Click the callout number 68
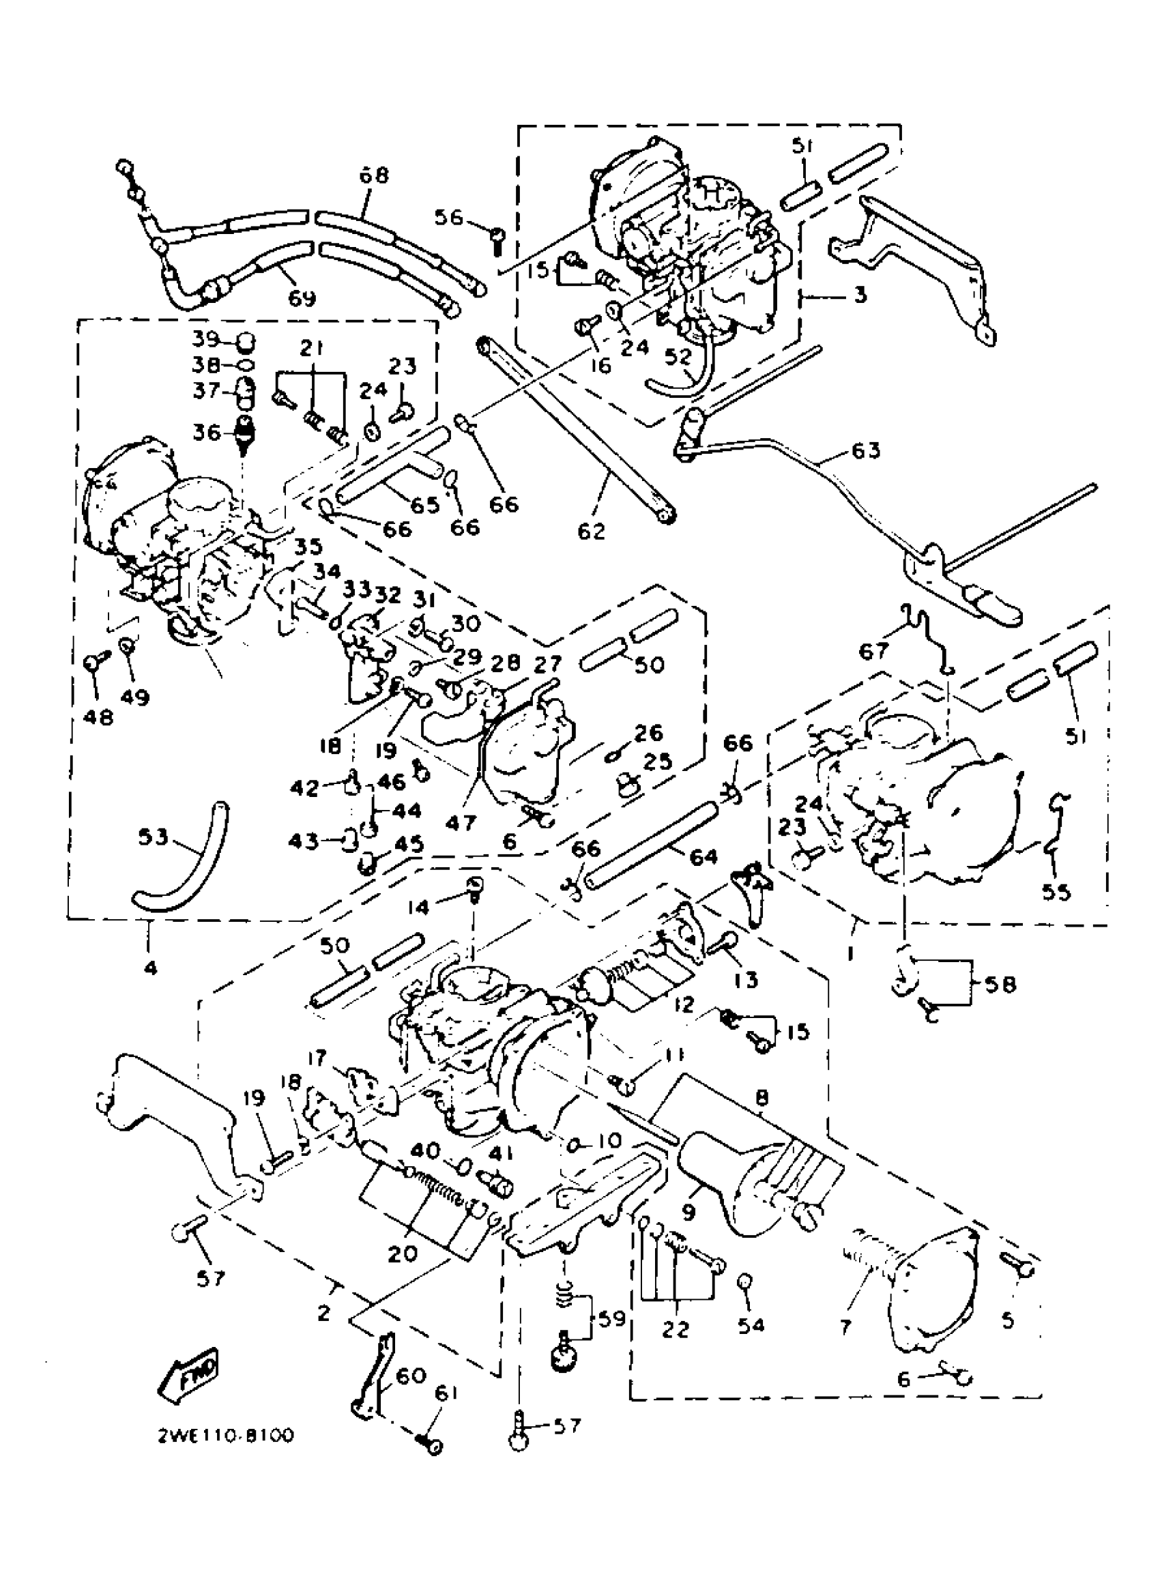click(x=373, y=175)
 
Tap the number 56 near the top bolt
click(x=449, y=218)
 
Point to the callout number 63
click(x=865, y=450)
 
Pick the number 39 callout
click(x=207, y=339)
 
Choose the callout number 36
click(x=207, y=433)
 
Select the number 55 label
click(x=1056, y=892)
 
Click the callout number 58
click(x=999, y=985)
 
